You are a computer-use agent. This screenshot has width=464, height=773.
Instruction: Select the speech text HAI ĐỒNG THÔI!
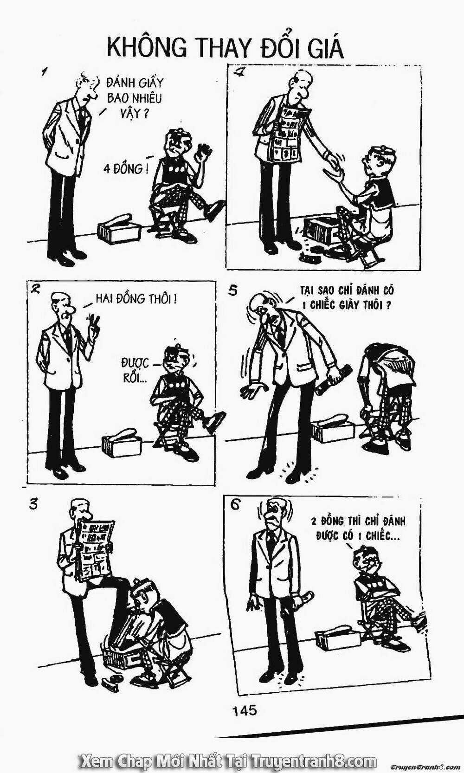136,299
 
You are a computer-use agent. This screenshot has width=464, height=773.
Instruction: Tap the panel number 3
33,504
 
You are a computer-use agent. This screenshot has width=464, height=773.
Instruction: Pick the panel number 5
233,291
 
